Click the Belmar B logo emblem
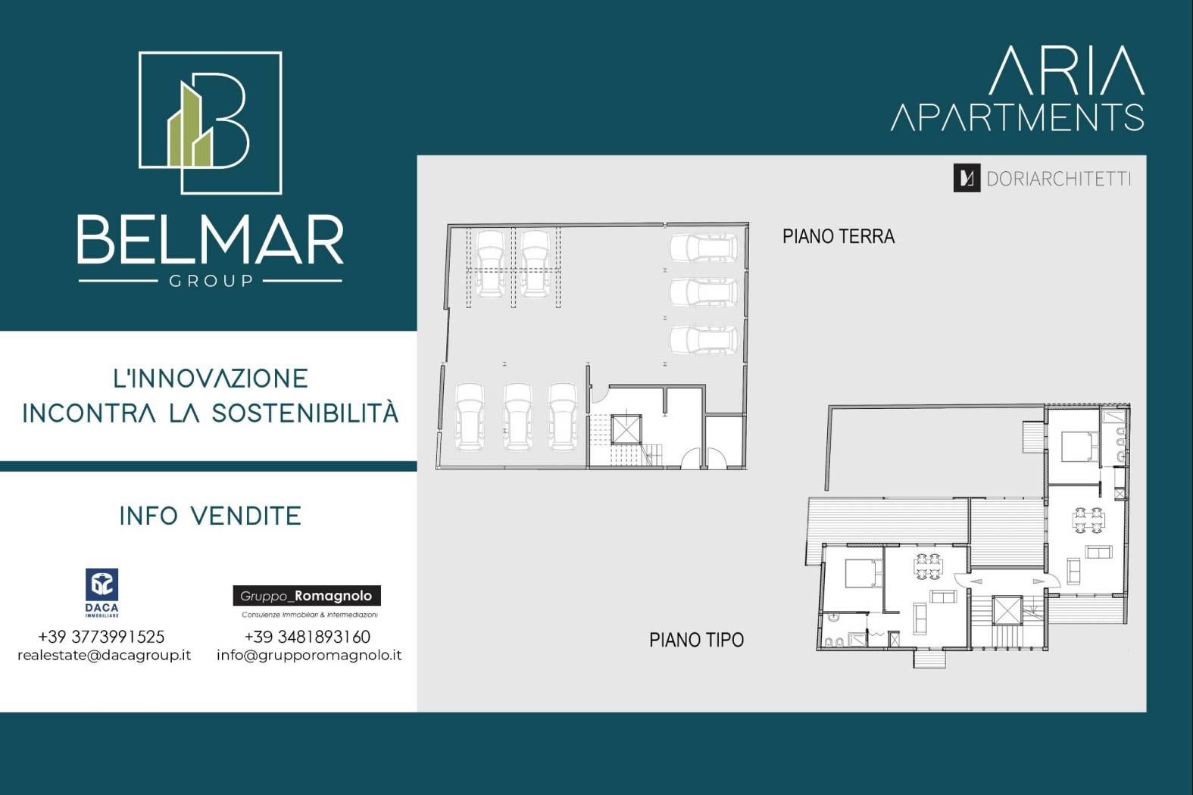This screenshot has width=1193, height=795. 211,123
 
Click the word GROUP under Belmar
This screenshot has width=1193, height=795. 211,281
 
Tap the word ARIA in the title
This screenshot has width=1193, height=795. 1067,70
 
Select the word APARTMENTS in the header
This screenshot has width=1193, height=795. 1018,117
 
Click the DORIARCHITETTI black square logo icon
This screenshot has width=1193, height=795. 967,178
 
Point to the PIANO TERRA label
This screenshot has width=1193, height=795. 839,236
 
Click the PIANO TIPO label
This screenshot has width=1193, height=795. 696,640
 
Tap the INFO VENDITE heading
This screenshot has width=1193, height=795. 211,516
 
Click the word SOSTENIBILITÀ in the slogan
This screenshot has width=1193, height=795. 305,413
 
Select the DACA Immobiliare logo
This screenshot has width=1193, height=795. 101,593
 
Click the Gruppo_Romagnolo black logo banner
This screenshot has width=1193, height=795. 307,596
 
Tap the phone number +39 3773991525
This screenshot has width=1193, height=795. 101,637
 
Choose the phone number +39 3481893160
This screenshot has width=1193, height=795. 308,637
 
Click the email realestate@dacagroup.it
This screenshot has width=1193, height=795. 105,655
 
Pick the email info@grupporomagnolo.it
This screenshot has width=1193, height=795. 309,655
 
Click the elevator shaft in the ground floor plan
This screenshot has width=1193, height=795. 626,430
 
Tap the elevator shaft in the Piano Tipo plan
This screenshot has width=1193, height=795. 1007,610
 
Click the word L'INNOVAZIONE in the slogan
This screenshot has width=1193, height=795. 211,379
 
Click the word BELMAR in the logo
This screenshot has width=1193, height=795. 211,239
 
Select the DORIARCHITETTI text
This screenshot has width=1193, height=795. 1058,179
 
